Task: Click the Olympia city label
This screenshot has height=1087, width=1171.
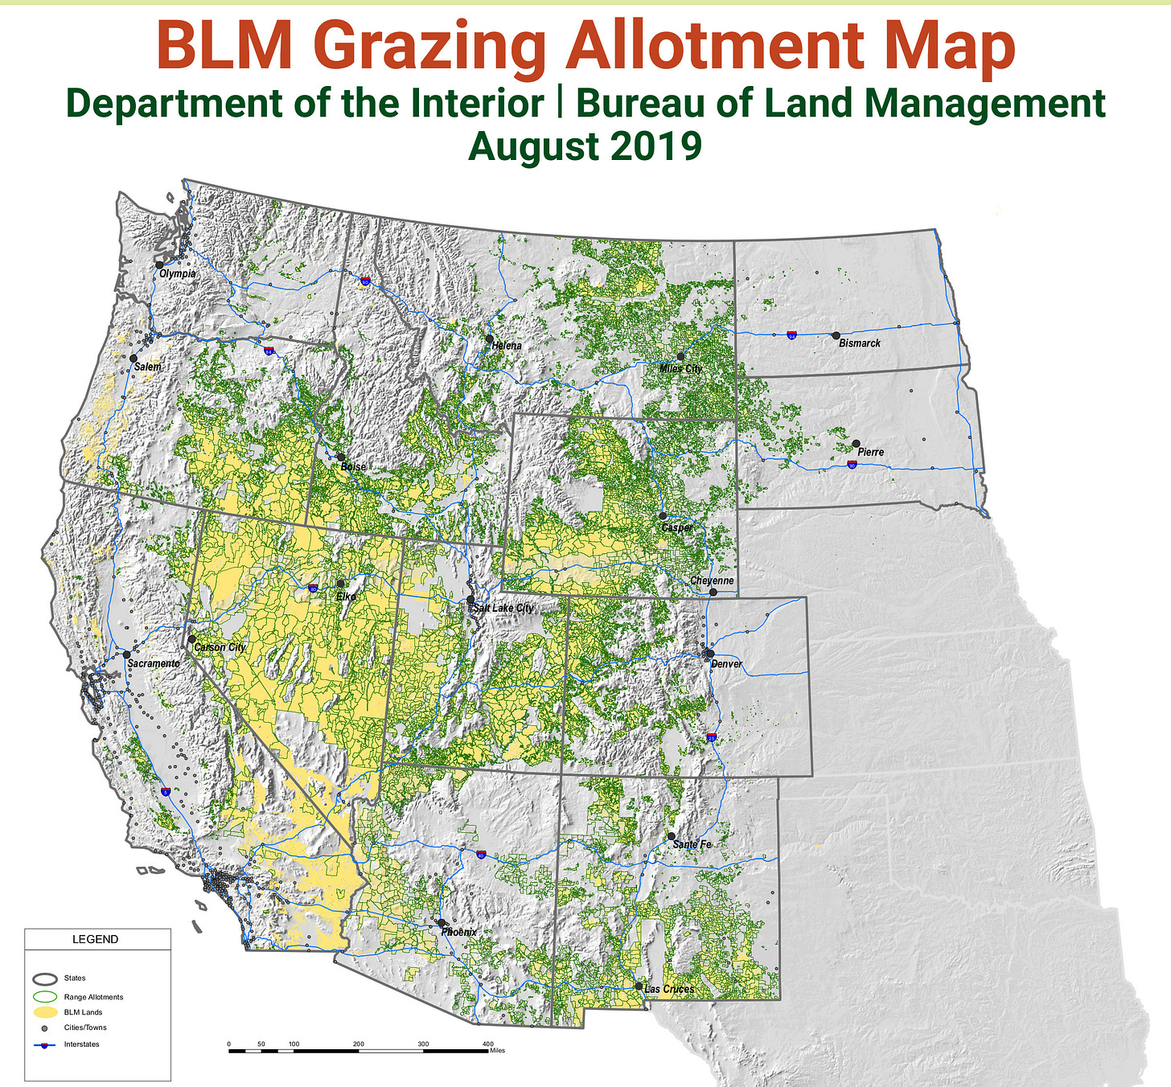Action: coord(177,273)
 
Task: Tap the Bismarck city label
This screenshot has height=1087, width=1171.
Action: coord(859,343)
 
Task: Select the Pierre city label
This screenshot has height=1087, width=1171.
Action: coord(870,452)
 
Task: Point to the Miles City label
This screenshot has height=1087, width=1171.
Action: coord(680,368)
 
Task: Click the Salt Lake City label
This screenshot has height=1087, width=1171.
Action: coord(503,608)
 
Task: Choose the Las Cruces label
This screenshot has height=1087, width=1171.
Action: coord(669,989)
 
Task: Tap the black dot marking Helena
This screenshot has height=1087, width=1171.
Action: coord(489,339)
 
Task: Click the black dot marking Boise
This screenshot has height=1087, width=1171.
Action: coord(341,457)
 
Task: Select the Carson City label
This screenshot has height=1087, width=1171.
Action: coord(220,647)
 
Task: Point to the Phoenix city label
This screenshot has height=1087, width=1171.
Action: coord(459,932)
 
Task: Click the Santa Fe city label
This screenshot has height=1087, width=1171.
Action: coord(692,844)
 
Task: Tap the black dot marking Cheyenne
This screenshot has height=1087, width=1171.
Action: coord(713,592)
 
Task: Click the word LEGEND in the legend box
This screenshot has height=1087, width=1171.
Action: coord(95,939)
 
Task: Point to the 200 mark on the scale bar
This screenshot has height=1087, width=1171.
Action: coord(359,1044)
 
